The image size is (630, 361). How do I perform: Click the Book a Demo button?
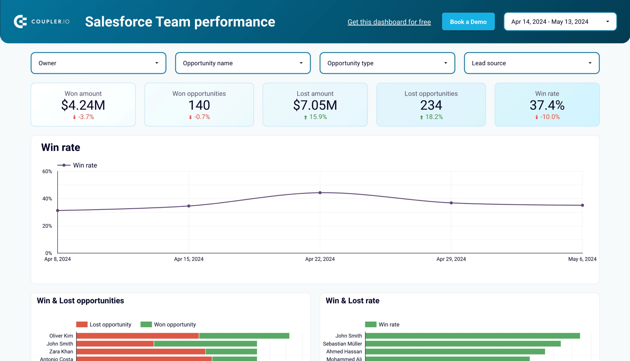[x=468, y=22]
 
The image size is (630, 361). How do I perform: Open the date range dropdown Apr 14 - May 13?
[x=560, y=22]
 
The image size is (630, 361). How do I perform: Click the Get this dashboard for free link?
[x=389, y=22]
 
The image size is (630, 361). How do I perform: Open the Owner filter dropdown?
[x=98, y=63]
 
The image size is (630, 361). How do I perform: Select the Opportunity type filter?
[x=387, y=63]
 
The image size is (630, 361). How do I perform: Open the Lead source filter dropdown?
[x=531, y=63]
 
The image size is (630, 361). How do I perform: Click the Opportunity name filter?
[x=242, y=63]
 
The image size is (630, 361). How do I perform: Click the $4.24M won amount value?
[x=83, y=105]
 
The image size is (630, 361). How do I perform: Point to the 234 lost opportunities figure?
[x=431, y=105]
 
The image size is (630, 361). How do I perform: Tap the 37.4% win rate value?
[x=547, y=105]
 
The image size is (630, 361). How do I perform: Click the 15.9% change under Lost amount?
[x=318, y=117]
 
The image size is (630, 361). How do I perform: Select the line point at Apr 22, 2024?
[x=320, y=193]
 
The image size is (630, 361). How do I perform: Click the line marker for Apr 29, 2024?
[x=451, y=203]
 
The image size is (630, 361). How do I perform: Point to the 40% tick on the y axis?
[x=47, y=199]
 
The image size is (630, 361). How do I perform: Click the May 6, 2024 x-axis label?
[x=582, y=259]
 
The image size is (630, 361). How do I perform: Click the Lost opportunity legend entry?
[x=104, y=325]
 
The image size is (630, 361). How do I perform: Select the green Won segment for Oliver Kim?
[x=244, y=336]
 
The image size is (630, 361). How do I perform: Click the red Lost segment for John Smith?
[x=115, y=344]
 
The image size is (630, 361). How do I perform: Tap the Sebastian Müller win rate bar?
[x=463, y=344]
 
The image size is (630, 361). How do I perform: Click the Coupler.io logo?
[x=42, y=22]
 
